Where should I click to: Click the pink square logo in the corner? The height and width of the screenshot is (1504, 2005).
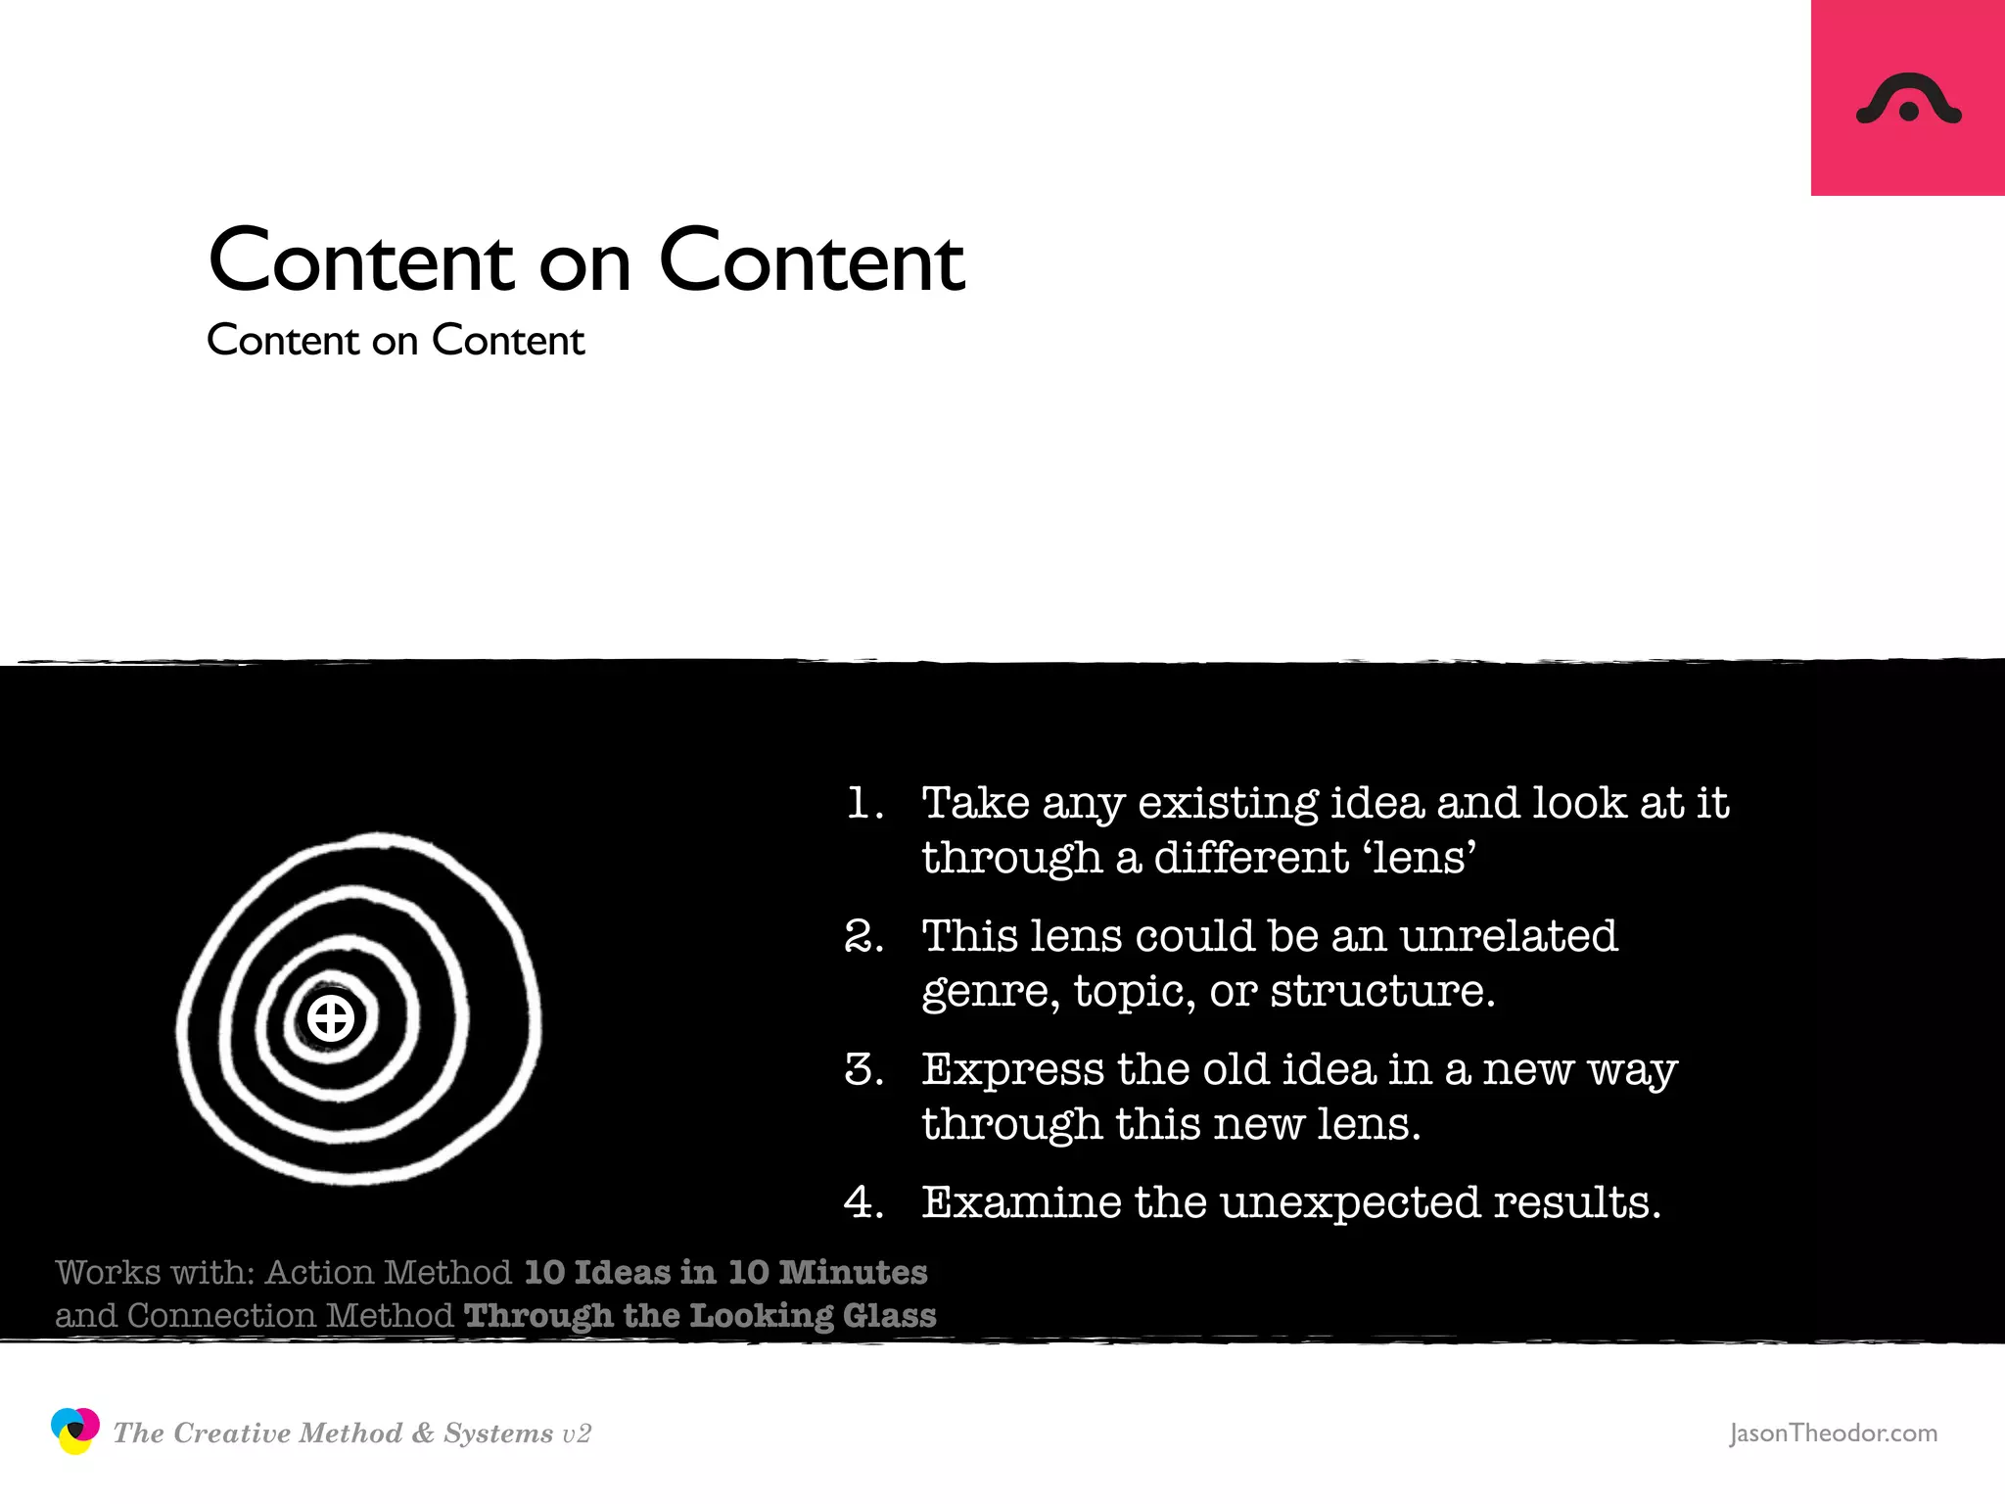click(x=1907, y=98)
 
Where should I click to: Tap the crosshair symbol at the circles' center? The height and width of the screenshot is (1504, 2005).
click(x=331, y=1018)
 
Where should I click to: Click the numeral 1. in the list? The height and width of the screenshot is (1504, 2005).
click(x=863, y=803)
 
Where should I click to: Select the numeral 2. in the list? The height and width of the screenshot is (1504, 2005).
click(x=863, y=936)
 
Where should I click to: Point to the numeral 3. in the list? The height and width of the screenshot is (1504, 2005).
click(x=863, y=1069)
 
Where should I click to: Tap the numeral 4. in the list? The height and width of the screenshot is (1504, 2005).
click(x=863, y=1202)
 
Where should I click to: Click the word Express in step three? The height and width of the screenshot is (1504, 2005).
click(x=1012, y=1069)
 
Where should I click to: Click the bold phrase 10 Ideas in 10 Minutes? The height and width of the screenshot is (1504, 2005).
click(x=725, y=1272)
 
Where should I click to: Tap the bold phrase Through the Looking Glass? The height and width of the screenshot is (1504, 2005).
click(x=700, y=1315)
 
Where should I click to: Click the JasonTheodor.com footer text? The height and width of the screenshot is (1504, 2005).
click(x=1833, y=1433)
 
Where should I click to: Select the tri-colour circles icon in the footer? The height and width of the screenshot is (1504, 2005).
click(x=75, y=1432)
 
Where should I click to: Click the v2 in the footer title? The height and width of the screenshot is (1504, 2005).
click(x=577, y=1434)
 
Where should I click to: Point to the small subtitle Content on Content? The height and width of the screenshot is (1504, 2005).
click(x=396, y=341)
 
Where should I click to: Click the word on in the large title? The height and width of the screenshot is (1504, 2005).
click(x=584, y=262)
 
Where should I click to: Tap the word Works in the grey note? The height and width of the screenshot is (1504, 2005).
click(x=108, y=1272)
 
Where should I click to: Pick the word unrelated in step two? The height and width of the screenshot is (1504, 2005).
click(x=1508, y=936)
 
